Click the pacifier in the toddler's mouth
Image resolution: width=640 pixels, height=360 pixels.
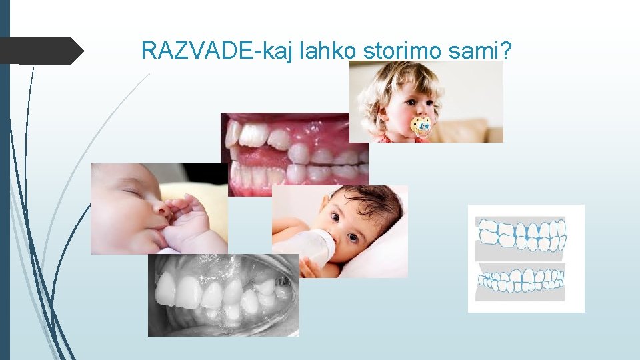tap(421, 125)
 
